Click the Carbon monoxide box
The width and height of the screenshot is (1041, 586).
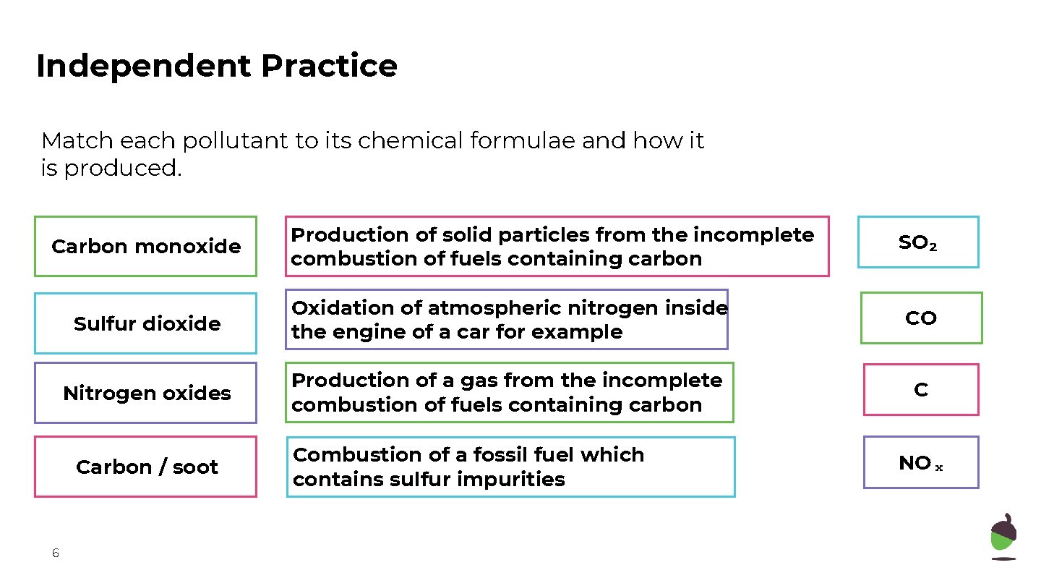[145, 247]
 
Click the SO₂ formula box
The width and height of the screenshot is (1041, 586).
[918, 242]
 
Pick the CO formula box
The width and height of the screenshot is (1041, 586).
[921, 318]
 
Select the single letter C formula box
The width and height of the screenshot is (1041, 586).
[921, 390]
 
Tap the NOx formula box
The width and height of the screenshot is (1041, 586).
[921, 463]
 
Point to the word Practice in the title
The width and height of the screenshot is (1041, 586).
[329, 66]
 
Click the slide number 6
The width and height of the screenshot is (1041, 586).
[56, 553]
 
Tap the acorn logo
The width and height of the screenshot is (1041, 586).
[1003, 536]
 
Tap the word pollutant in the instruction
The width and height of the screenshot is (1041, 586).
[234, 140]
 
